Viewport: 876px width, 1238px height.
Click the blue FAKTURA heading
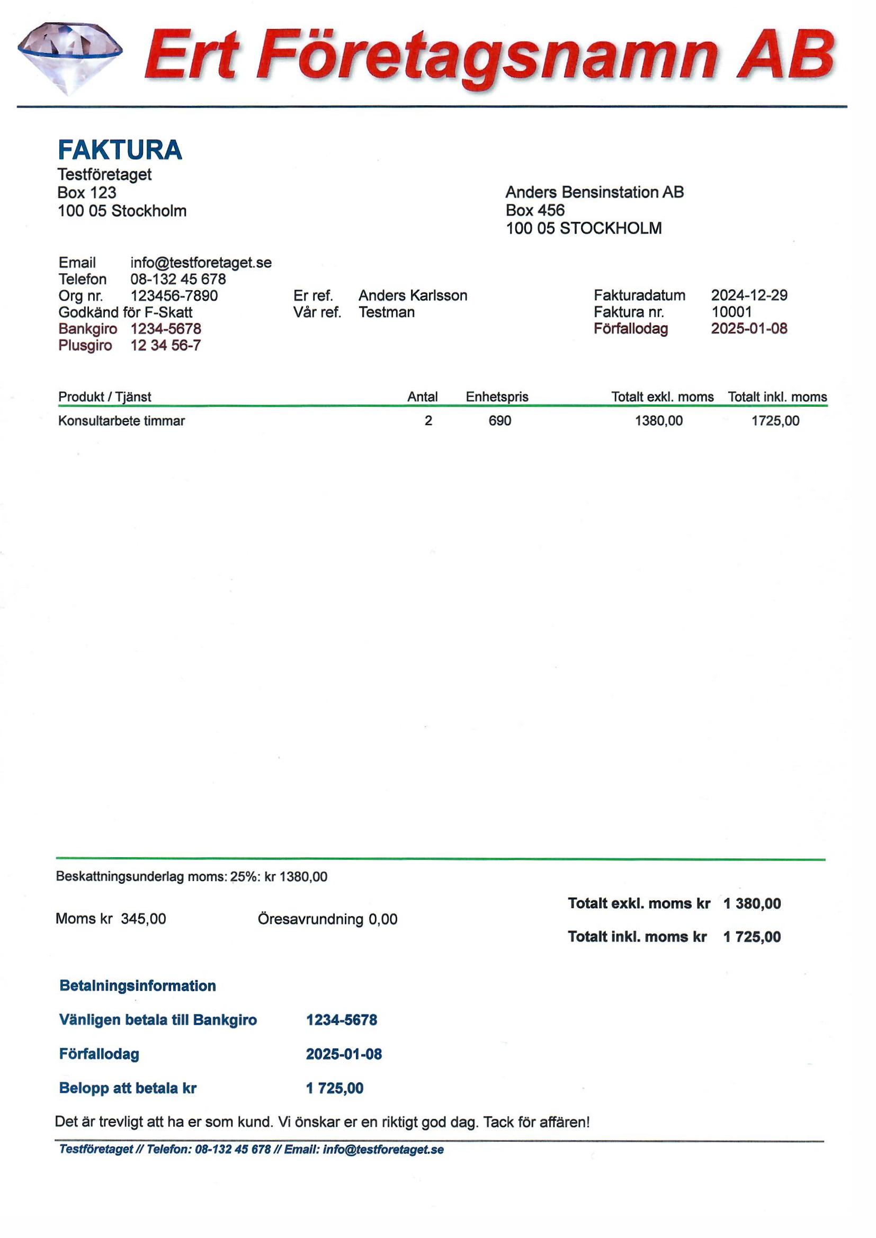tap(120, 150)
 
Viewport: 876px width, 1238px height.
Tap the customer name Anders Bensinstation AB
tap(594, 192)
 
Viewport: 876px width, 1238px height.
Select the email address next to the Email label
tap(201, 263)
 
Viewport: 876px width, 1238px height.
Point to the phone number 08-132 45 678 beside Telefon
tap(178, 279)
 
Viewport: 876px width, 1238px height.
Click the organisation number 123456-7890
tap(174, 296)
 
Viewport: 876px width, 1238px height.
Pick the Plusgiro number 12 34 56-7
tap(166, 346)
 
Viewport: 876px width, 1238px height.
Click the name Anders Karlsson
tap(413, 295)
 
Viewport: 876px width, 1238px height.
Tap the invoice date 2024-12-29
tap(749, 295)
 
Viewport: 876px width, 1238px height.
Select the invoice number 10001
tap(731, 312)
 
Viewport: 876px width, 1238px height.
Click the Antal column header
tap(422, 397)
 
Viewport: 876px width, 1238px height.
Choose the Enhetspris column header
tap(497, 397)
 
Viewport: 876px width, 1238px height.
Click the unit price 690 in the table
tap(499, 420)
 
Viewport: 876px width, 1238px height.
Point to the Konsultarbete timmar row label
tap(121, 421)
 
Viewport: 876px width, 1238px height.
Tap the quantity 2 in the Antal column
tap(428, 420)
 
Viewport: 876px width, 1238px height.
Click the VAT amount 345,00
tap(144, 919)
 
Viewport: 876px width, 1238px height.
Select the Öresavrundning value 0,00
tap(383, 919)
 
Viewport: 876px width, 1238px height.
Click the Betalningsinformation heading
tap(138, 986)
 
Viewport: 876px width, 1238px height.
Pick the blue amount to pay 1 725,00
tap(334, 1088)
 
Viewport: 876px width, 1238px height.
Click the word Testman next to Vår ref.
tap(387, 312)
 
